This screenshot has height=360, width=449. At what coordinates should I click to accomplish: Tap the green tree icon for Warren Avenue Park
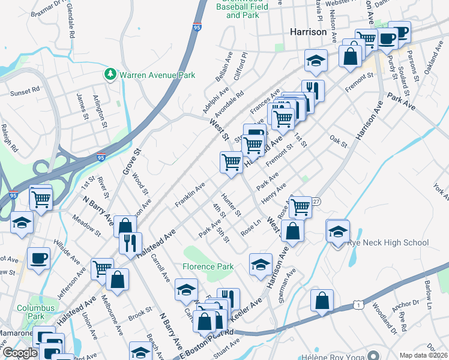tap(110, 75)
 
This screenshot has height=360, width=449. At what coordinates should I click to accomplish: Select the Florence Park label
tap(208, 266)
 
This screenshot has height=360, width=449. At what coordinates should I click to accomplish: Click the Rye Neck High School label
tap(388, 242)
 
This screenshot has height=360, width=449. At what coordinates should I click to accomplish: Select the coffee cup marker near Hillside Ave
tap(39, 258)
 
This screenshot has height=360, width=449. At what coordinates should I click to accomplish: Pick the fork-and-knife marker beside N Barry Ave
tap(130, 242)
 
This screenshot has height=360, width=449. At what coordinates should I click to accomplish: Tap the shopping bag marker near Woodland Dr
tap(322, 301)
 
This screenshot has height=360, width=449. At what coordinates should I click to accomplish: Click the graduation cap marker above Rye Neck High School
tap(339, 231)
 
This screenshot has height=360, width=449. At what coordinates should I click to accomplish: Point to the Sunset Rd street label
tap(25, 93)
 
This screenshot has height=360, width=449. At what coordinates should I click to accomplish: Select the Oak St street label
tap(339, 142)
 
